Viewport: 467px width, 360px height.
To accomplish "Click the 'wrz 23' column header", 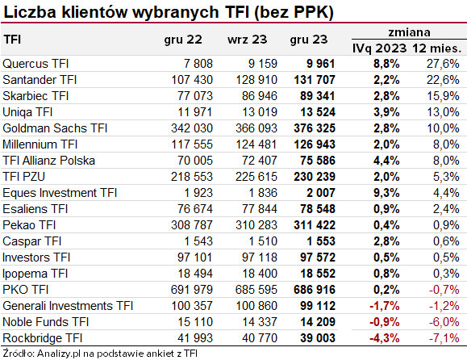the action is click(x=247, y=40).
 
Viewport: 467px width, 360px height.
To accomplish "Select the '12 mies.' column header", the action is click(x=436, y=48).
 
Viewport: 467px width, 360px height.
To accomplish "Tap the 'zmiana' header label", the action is click(x=409, y=32).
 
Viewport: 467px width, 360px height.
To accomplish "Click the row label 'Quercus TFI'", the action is click(x=35, y=64).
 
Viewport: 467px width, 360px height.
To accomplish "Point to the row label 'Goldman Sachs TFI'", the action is click(x=55, y=128).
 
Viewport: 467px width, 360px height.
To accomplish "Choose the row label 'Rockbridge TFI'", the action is click(x=42, y=338).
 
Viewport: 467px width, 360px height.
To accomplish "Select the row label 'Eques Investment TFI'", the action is click(x=60, y=193).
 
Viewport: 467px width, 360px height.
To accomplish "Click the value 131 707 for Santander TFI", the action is click(x=315, y=80).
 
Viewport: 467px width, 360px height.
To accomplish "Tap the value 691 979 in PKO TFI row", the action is click(x=192, y=290).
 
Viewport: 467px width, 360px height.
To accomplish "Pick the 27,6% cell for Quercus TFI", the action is click(x=443, y=64).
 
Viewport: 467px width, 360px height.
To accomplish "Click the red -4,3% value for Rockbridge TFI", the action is click(x=385, y=338).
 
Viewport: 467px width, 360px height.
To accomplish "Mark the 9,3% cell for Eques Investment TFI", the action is click(x=386, y=193).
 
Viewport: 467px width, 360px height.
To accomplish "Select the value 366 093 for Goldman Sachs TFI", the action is click(x=256, y=128).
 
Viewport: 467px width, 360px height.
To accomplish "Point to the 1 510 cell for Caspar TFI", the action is click(x=263, y=241).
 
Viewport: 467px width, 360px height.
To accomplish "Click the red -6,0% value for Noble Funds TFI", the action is click(x=444, y=322).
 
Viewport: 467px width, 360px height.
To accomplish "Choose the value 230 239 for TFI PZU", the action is click(x=315, y=177).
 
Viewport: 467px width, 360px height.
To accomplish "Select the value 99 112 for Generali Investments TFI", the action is click(x=318, y=306).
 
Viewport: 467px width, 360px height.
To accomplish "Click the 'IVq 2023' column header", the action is click(x=379, y=48).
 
